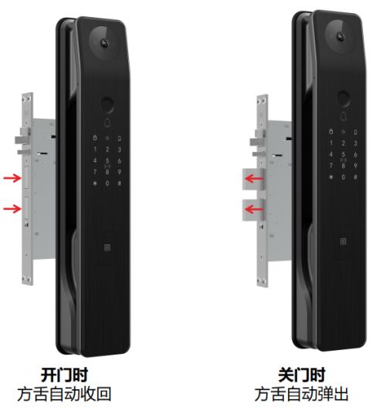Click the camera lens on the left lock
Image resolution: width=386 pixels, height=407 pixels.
[x=104, y=43]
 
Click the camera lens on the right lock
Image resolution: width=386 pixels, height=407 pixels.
[x=340, y=36]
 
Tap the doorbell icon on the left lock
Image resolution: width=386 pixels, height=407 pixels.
[x=107, y=123]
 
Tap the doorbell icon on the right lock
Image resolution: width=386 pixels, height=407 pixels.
[x=343, y=116]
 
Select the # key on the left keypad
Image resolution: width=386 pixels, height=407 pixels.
[x=120, y=183]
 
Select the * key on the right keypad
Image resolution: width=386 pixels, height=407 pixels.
[x=331, y=177]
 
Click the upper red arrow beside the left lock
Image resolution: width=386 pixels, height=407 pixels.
[x=12, y=178]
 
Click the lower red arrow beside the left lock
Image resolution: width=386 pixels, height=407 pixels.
[x=12, y=208]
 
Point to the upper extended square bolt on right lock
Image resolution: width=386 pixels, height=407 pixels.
[x=253, y=179]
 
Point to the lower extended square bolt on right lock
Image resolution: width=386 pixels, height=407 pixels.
[x=253, y=210]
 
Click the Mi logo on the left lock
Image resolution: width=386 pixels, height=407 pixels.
[x=107, y=248]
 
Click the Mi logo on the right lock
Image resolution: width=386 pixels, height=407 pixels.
[x=343, y=242]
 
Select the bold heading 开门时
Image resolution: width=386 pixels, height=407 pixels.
[x=65, y=375]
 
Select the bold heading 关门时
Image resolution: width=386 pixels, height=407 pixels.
[x=302, y=375]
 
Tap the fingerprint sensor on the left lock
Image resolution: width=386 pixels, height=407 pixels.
[x=107, y=104]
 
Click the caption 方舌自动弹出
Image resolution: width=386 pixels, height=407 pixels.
[x=301, y=394]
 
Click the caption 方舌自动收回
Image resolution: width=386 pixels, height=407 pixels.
[x=65, y=394]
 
